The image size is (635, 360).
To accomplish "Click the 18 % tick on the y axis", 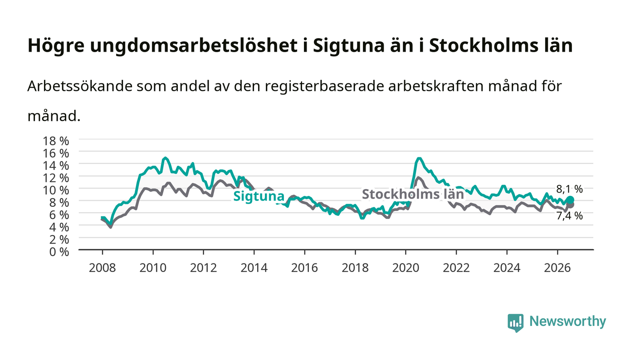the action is pyautogui.click(x=55, y=141).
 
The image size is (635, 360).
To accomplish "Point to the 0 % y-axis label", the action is pyautogui.click(x=59, y=252).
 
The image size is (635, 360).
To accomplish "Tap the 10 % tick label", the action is pyautogui.click(x=55, y=190).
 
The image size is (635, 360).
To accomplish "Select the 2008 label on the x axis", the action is pyautogui.click(x=103, y=268).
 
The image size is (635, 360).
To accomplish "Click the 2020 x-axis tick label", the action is pyautogui.click(x=405, y=268).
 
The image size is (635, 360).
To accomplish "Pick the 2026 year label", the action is pyautogui.click(x=557, y=268).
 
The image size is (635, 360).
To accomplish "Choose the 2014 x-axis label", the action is pyautogui.click(x=254, y=268).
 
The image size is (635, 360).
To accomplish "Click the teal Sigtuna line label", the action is pyautogui.click(x=259, y=196).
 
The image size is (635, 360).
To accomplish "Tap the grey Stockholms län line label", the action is pyautogui.click(x=413, y=194).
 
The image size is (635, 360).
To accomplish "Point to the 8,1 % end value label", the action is pyautogui.click(x=570, y=189).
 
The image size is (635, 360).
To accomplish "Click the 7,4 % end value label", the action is pyautogui.click(x=570, y=216).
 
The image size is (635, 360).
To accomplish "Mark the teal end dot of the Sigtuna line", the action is pyautogui.click(x=571, y=200).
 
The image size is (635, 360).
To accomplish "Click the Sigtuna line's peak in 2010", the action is pyautogui.click(x=165, y=158).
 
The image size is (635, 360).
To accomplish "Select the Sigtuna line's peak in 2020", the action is pyautogui.click(x=419, y=158).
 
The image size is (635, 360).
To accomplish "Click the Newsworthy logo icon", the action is pyautogui.click(x=515, y=323).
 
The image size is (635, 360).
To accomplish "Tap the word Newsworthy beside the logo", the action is pyautogui.click(x=567, y=321).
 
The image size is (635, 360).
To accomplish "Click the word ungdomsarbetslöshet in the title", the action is pyautogui.click(x=194, y=46).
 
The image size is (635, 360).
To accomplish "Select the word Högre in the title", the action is pyautogui.click(x=56, y=46).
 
